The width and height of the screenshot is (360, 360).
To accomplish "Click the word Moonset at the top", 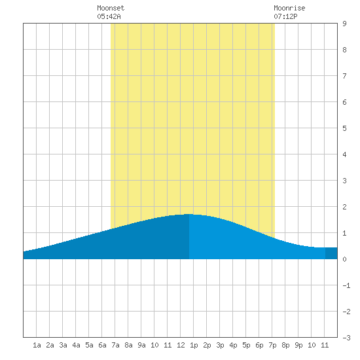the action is click(x=111, y=8).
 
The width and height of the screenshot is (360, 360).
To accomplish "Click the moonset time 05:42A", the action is click(x=109, y=16).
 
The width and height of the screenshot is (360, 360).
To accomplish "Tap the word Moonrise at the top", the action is click(x=289, y=8).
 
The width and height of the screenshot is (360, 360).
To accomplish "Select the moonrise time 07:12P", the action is click(x=285, y=16).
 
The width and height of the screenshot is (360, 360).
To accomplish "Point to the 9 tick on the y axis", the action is click(x=344, y=24).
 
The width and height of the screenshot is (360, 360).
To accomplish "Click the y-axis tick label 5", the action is click(x=344, y=128).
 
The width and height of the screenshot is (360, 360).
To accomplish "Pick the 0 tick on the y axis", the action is click(x=344, y=259).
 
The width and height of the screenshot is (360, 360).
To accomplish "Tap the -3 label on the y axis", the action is click(x=346, y=338).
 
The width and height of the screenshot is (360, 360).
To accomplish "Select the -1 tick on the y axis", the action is click(x=346, y=285).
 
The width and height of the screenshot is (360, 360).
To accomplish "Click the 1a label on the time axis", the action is click(x=37, y=345).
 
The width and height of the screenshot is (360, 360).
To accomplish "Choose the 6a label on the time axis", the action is click(x=102, y=345).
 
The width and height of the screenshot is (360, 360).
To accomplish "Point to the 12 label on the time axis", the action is click(x=181, y=345).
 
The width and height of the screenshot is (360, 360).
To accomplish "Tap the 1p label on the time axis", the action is click(x=194, y=345).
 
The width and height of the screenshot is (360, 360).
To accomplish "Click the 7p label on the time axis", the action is click(x=272, y=345).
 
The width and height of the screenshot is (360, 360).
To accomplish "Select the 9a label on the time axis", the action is click(x=141, y=345).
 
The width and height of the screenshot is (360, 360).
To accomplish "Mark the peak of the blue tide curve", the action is click(x=189, y=214).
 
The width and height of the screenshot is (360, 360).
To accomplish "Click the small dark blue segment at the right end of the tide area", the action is click(x=331, y=253).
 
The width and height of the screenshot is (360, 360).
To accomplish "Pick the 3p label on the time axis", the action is click(x=220, y=345).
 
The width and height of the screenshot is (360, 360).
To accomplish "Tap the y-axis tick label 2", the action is click(x=344, y=207).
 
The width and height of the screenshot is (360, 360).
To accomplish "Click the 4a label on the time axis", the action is click(x=76, y=345).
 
